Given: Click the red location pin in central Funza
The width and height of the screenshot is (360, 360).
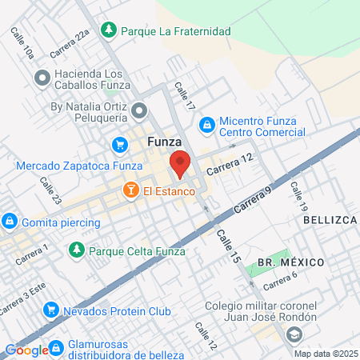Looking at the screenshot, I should [179, 163].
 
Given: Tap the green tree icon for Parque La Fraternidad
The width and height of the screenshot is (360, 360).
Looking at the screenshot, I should [107, 30].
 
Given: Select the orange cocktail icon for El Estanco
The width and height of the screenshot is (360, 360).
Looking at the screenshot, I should [128, 191].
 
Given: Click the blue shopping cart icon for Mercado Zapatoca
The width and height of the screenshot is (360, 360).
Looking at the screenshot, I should [119, 145].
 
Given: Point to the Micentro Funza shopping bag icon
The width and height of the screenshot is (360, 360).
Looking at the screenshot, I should [206, 124].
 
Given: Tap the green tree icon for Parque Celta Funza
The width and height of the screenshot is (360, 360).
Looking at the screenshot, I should [76, 250].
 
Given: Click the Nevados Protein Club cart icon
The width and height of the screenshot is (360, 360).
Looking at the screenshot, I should [50, 309].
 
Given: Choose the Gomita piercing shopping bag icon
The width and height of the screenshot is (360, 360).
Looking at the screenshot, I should [10, 221].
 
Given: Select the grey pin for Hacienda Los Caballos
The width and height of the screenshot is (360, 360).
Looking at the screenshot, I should [42, 78].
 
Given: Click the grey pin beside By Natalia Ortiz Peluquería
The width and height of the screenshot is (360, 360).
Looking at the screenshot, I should [140, 110].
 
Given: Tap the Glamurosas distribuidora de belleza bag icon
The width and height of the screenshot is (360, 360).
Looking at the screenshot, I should [56, 348].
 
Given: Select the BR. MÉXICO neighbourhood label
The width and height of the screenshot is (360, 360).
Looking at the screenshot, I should [290, 262].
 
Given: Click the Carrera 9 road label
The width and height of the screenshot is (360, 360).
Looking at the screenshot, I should [254, 201].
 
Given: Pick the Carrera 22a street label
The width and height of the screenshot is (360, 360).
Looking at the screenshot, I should [70, 45].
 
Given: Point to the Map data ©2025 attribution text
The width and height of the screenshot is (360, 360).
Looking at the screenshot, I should [325, 354].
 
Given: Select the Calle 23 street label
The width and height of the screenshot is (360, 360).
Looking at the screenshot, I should [50, 190].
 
